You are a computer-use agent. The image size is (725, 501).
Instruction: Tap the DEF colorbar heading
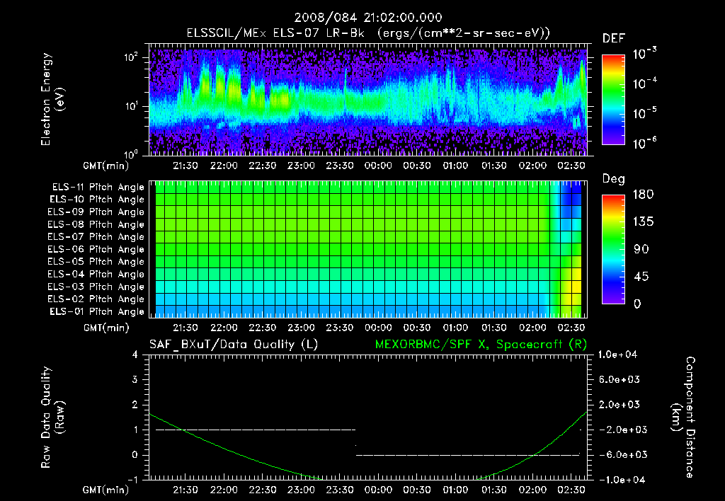click(613, 38)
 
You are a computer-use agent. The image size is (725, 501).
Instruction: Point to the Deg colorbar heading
click(613, 179)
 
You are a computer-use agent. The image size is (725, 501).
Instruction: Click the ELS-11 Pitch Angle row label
click(98, 188)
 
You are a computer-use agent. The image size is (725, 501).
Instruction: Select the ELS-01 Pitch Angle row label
click(98, 311)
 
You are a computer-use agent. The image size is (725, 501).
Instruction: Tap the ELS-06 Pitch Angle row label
click(98, 249)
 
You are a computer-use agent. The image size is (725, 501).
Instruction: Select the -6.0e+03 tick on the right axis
click(620, 454)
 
